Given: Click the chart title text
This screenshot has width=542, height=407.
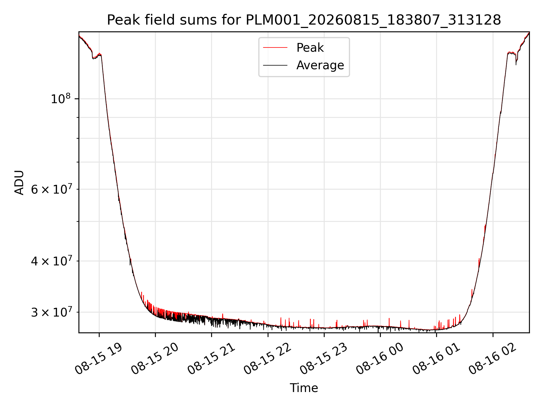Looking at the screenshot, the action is tap(304, 20).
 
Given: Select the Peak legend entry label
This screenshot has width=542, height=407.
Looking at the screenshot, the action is tap(310, 48).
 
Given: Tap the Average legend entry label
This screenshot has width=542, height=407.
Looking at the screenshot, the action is tap(320, 65).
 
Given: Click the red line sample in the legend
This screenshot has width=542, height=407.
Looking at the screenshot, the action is tap(275, 48).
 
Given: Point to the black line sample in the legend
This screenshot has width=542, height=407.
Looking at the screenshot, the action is tap(275, 65).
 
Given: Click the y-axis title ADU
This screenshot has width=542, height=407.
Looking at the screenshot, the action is tap(19, 183).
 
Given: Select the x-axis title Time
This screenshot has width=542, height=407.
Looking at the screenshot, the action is tap(304, 388).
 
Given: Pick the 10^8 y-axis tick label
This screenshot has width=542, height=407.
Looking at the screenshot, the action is tap(60, 99).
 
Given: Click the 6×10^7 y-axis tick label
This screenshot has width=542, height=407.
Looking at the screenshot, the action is tap(51, 189).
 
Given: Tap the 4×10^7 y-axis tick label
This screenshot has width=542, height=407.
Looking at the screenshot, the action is tap(51, 261).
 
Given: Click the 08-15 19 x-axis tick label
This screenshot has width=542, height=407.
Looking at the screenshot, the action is tap(99, 359).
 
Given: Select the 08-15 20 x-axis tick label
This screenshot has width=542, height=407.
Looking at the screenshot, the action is tap(155, 359).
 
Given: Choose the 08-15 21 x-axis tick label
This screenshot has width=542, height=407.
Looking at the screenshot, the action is tap(211, 359).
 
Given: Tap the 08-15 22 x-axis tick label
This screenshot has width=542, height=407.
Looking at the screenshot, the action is tap(268, 359).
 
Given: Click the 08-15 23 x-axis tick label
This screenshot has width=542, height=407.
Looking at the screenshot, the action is tap(324, 359).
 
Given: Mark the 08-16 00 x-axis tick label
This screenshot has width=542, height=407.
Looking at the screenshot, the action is tap(380, 359).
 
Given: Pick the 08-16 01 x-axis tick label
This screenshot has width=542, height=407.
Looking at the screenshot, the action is tap(436, 359).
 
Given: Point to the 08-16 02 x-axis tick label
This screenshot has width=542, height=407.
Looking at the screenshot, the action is tap(493, 359).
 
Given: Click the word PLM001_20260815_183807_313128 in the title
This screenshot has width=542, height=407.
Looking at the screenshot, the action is tap(373, 20).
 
